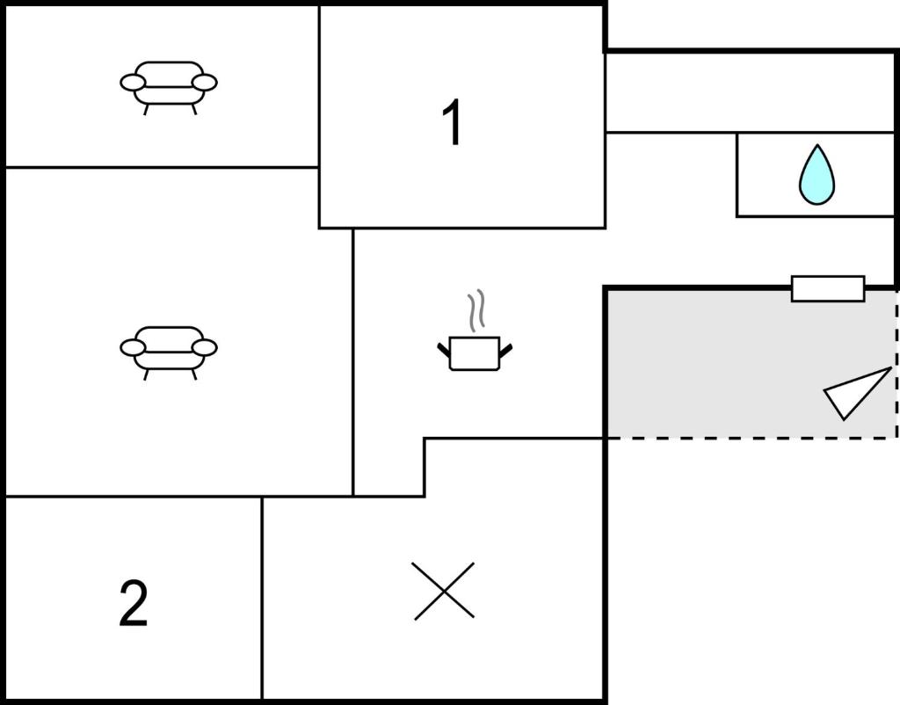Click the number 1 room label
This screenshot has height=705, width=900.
click(453, 122)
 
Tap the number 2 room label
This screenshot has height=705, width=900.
click(134, 603)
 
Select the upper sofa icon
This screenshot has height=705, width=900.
click(169, 87)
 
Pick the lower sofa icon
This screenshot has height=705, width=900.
click(169, 352)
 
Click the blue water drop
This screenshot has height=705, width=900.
click(817, 175)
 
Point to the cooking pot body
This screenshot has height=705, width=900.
click(475, 353)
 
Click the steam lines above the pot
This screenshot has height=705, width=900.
click(476, 310)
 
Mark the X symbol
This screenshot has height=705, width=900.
click(443, 590)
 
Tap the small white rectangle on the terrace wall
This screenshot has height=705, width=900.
click(828, 288)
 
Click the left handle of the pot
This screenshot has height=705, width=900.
click(444, 350)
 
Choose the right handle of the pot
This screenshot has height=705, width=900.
click(505, 350)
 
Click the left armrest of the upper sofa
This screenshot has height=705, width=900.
click(133, 83)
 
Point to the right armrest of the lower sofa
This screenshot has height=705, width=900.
click(204, 347)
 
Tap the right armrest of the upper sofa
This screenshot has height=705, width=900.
click(204, 83)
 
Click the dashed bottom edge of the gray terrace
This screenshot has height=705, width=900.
click(752, 439)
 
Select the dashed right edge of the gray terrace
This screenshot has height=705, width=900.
click(896, 364)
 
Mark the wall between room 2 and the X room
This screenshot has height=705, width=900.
click(262, 599)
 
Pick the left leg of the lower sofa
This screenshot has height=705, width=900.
click(147, 374)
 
